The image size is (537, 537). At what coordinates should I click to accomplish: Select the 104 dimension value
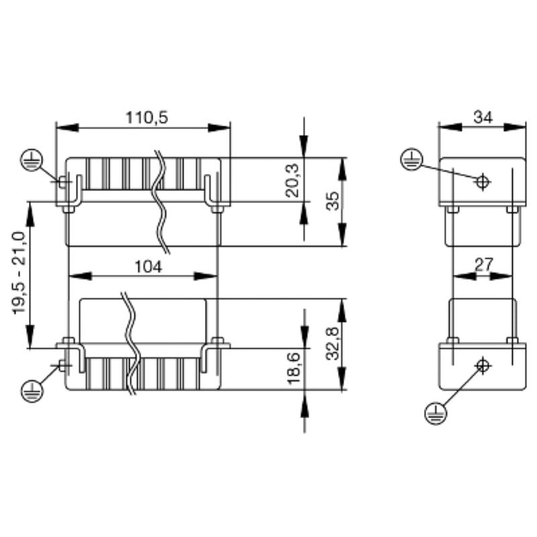(147, 266)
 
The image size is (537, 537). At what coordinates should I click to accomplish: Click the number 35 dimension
(332, 201)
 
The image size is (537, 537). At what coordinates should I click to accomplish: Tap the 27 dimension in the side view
(483, 264)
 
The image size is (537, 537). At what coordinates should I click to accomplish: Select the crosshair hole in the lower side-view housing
(481, 365)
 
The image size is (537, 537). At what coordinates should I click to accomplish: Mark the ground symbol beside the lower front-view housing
(31, 389)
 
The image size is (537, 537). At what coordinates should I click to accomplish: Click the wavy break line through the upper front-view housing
(162, 201)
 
